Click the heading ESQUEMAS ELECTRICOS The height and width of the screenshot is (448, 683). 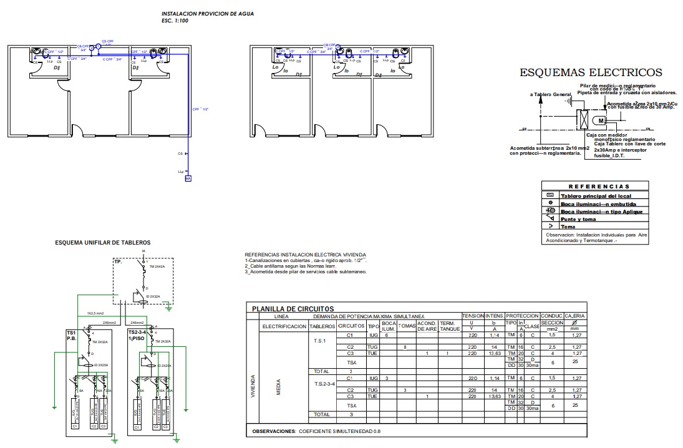pos(591,73)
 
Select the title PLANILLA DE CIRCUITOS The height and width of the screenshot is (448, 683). pos(293,309)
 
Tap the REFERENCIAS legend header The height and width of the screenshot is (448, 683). pos(599,187)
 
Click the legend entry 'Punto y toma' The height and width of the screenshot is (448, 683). pos(578,219)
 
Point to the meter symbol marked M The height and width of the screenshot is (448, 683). pos(601,120)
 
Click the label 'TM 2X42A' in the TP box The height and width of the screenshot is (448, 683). pos(157,266)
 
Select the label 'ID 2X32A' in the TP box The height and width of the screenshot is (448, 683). pos(153,296)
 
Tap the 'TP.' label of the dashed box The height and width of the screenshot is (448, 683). pos(118,263)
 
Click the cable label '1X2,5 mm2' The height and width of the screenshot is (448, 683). pos(95,313)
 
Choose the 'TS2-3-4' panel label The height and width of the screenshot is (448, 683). pos(137,333)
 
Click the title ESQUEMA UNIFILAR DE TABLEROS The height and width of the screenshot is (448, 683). pos(102,243)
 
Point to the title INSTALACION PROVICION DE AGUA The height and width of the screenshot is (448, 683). pos(208,14)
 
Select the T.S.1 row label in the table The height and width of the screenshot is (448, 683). pos(319,341)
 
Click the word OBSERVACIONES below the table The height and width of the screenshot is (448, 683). pos(273,431)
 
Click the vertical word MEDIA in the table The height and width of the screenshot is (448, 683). pos(278,387)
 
